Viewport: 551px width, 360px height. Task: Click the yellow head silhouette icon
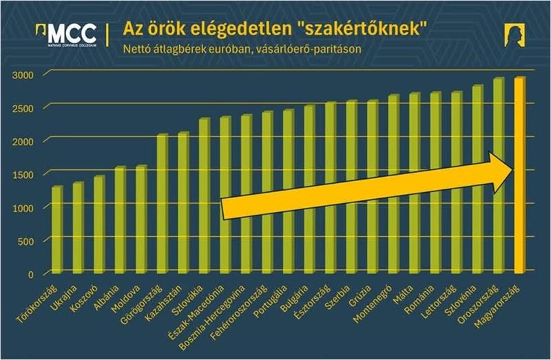coord(513,34)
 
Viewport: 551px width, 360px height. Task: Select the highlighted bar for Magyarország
coord(519,179)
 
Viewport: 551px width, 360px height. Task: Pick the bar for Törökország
coord(56,231)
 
